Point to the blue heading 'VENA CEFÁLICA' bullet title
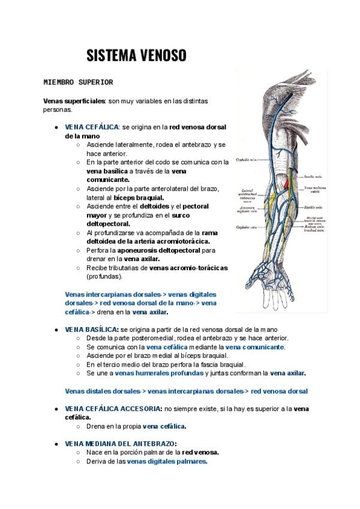tap(92, 127)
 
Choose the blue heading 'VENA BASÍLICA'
tap(91, 330)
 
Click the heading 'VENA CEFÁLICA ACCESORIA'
tap(113, 408)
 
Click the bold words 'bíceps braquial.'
tap(139, 197)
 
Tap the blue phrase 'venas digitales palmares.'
tap(167, 461)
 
